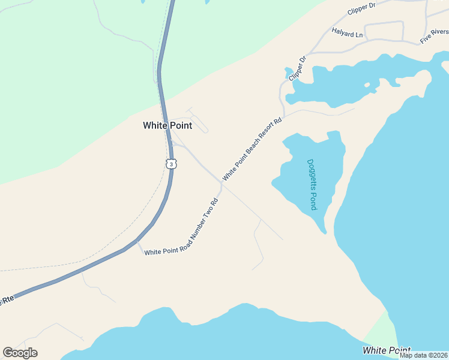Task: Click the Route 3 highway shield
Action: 172,164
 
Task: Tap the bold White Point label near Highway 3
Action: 167,125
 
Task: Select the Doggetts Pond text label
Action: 312,184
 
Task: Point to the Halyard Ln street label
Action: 348,35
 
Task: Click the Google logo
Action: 20,353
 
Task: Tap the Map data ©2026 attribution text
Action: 424,355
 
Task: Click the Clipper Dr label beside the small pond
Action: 297,68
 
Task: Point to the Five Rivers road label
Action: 434,36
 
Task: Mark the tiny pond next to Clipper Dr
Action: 289,73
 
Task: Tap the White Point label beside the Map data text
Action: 387,350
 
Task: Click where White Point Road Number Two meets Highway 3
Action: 139,242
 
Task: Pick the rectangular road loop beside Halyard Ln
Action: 384,31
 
